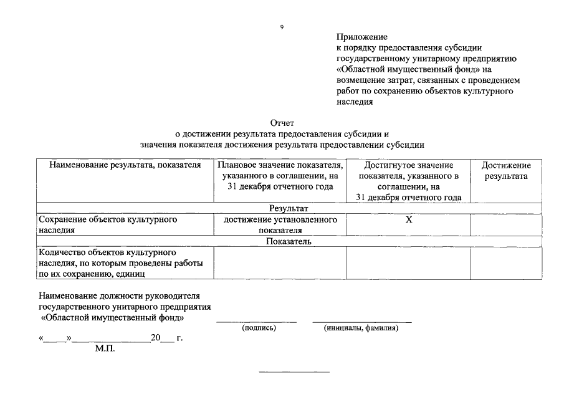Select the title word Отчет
(x=282, y=123)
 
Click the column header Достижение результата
(x=505, y=170)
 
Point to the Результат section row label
(x=289, y=208)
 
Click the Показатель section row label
(x=289, y=241)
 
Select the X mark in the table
(x=408, y=219)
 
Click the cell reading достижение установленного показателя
(x=280, y=224)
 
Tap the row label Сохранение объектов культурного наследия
(x=108, y=224)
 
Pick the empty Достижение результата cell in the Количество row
(x=505, y=263)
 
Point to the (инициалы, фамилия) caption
(x=361, y=328)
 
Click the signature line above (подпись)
(x=256, y=322)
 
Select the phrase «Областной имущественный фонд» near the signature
(x=112, y=317)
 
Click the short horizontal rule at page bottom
(x=294, y=373)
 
